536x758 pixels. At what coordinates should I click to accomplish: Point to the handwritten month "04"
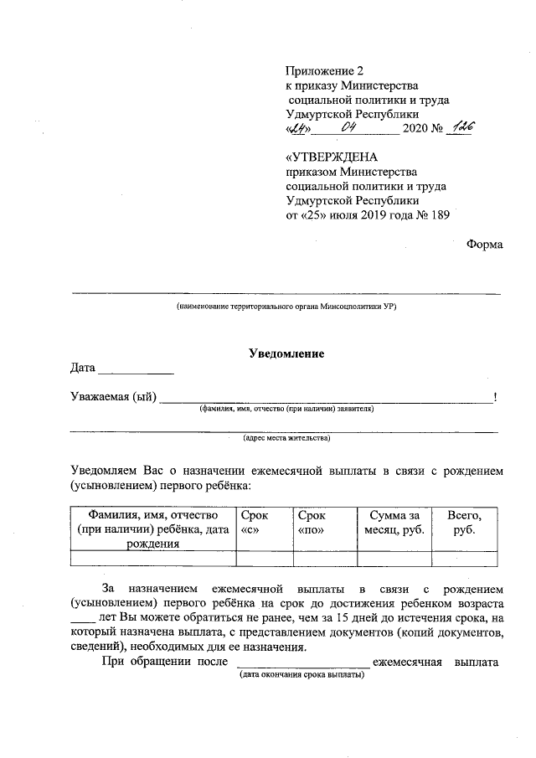click(350, 128)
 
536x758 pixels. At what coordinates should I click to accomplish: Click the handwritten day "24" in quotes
click(299, 129)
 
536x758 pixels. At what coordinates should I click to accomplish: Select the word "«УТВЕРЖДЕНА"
click(332, 157)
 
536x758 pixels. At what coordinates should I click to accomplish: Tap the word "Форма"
click(485, 244)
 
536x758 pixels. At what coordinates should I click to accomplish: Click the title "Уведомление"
click(286, 353)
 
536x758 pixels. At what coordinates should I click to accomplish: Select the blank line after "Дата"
click(137, 369)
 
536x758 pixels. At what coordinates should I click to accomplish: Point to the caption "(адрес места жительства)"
click(286, 437)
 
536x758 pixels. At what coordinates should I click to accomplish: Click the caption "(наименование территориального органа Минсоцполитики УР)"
click(286, 307)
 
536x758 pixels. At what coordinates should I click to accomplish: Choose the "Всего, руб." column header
click(464, 523)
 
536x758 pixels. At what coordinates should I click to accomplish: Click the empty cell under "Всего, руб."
click(464, 559)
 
